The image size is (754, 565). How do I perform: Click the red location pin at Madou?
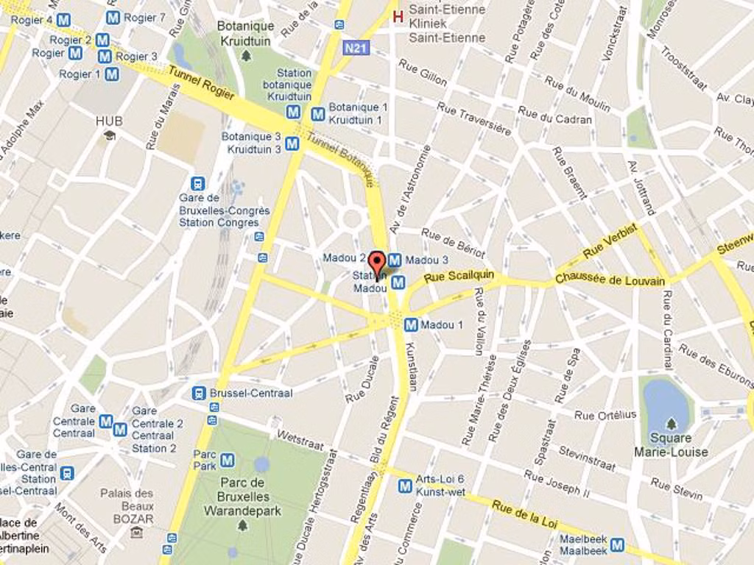(376, 264)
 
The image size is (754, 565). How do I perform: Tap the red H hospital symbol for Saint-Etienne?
(398, 15)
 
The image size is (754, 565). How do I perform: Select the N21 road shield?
(356, 48)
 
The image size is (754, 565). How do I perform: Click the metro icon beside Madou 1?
(411, 324)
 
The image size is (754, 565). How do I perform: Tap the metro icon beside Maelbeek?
(617, 544)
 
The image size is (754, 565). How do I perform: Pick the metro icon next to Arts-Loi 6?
(405, 486)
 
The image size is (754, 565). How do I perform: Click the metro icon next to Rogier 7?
(112, 17)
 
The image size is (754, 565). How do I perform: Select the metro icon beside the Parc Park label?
(228, 461)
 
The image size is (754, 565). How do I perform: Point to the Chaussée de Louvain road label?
(610, 280)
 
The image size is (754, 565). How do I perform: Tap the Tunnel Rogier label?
(201, 83)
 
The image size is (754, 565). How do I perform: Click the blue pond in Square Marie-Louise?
(666, 404)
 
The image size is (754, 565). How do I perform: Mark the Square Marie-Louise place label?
(671, 445)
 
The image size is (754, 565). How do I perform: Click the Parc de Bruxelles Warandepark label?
(242, 497)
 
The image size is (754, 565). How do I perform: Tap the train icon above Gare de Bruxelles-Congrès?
(197, 183)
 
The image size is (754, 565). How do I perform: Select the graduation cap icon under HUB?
(109, 135)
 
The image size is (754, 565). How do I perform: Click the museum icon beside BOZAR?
(136, 533)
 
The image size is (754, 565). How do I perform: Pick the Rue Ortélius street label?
(605, 415)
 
